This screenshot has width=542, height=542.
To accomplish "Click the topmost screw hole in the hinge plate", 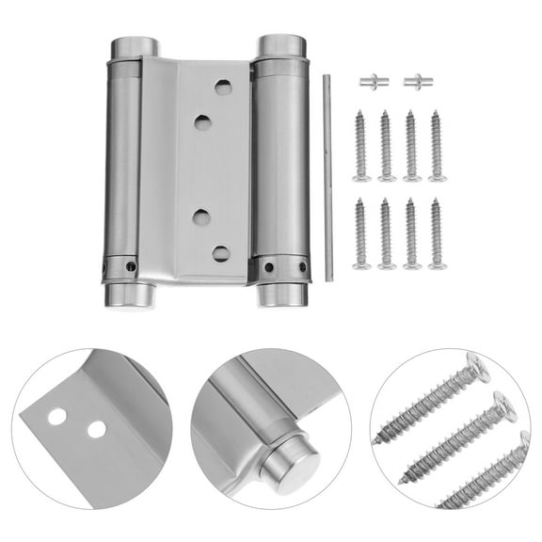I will coord(222,86).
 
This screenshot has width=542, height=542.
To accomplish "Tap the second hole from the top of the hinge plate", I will coord(202,122).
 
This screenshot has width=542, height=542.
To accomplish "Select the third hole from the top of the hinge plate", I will coord(201,216).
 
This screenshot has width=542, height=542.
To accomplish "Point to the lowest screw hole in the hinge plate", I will coord(221,253).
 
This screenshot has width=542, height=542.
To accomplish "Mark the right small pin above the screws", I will coord(416,82).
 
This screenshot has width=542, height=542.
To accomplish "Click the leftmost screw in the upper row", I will coord(360,146).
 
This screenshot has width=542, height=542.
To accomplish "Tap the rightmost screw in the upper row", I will coord(437,146).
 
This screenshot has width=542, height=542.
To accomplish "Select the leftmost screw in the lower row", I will coord(360,233).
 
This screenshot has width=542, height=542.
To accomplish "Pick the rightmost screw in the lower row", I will coord(437,233).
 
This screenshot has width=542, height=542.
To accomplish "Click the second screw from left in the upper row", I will coord(385,146).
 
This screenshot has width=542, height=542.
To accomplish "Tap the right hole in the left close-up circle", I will coord(95,429).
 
